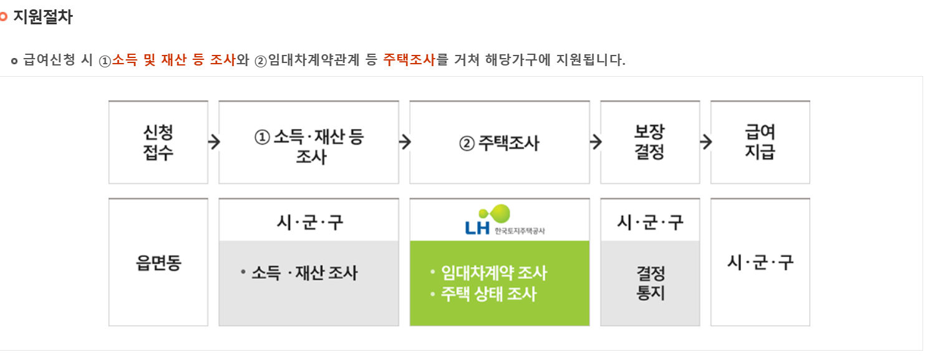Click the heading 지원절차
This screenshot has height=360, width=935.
point(42,17)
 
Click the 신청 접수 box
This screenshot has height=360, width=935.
point(158,142)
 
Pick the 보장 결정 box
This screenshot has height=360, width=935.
point(649,142)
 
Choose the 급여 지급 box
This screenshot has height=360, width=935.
point(760,142)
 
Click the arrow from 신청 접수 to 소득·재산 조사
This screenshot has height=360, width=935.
point(214,142)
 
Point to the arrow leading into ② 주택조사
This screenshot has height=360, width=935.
point(405,142)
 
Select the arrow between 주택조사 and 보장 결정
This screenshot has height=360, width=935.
point(596,142)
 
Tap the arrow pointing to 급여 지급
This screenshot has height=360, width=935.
point(705,142)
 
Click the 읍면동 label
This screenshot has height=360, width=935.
point(158,263)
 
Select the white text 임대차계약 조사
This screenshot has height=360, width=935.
point(493,273)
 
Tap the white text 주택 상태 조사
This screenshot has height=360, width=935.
point(488,293)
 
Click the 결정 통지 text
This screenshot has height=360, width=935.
point(650,283)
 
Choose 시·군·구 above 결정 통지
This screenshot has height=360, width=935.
point(650,221)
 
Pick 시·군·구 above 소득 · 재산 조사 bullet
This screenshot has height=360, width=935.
point(309,221)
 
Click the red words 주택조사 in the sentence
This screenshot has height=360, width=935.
point(409,60)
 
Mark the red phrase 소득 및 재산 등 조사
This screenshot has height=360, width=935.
point(173,60)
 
